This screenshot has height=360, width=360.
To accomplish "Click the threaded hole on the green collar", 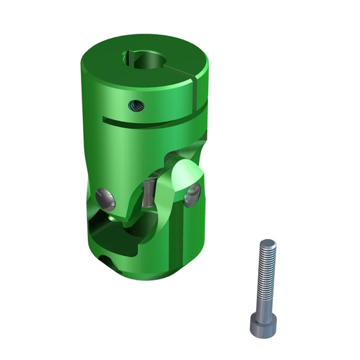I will [134, 105].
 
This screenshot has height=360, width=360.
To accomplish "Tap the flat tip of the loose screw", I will [266, 243].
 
